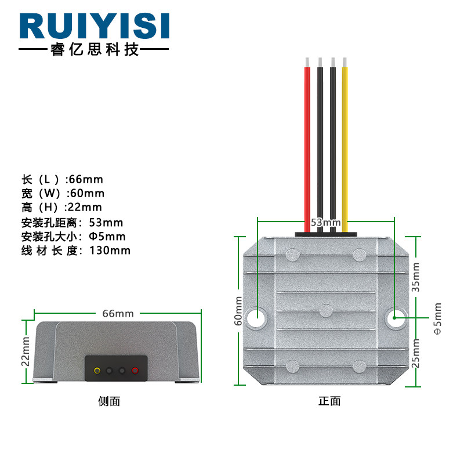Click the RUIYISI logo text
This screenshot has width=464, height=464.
pos(94,26)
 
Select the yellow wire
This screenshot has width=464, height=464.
pos(345,145)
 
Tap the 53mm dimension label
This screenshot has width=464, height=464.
pos(325,222)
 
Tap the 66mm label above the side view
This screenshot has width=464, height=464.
pos(118,313)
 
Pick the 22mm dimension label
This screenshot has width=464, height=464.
pos(26,351)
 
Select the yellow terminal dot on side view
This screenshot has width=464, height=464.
pos(97,370)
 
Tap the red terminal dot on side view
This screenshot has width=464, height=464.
pos(135,370)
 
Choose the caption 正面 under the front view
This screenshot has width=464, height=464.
pos(329,401)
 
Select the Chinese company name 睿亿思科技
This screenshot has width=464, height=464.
pos(94,50)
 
